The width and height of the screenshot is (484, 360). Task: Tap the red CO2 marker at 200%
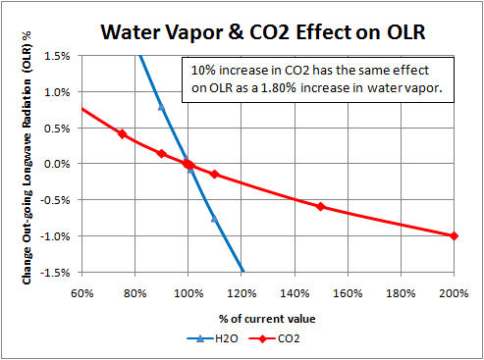(453, 235)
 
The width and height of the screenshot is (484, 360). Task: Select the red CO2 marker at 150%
(320, 206)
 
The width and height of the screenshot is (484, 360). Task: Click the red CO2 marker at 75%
(122, 133)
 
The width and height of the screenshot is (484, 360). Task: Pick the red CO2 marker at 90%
(161, 153)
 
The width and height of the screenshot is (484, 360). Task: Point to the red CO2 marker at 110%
(214, 175)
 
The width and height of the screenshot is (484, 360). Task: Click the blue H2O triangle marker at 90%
(161, 106)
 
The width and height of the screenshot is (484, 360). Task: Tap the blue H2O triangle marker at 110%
(214, 218)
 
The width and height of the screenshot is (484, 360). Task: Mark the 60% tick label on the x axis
(81, 292)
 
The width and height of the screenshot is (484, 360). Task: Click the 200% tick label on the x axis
(453, 292)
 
